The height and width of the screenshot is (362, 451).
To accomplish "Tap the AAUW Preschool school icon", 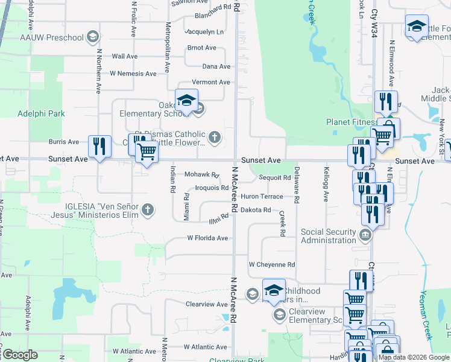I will click(x=92, y=37).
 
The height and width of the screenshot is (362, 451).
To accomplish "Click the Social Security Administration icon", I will click(x=365, y=235).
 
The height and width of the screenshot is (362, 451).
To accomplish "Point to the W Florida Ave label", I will click(x=207, y=238).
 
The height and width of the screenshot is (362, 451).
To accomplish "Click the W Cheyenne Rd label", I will click(x=272, y=264).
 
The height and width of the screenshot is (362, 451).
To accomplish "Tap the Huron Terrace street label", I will click(x=262, y=197).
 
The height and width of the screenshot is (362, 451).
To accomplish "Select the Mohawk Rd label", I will click(x=201, y=174).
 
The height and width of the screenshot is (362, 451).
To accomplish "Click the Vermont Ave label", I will click(x=211, y=82).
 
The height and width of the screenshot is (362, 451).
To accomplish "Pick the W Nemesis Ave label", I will click(x=133, y=74).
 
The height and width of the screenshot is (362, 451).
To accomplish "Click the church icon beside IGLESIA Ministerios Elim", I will click(x=148, y=211).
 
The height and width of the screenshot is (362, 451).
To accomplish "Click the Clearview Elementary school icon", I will click(x=279, y=315).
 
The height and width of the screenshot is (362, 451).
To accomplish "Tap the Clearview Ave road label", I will click(x=206, y=304).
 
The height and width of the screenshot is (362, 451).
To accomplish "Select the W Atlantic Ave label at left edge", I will click(x=6, y=351).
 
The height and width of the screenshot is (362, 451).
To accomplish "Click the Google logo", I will click(x=20, y=355).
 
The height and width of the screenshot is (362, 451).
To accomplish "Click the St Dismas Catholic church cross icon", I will click(x=214, y=138).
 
